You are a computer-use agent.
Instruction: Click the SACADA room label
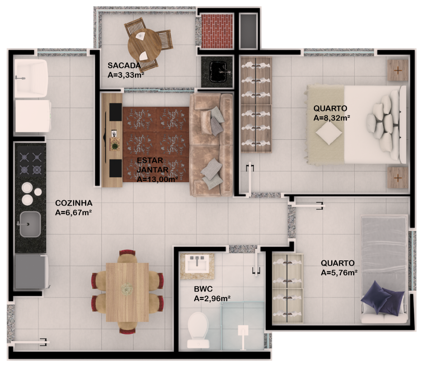coord(124,65)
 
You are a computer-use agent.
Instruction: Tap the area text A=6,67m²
coord(74,212)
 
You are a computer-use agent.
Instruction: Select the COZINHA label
coord(74,203)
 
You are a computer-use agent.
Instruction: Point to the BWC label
coord(203,289)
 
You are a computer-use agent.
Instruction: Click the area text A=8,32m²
coord(332,118)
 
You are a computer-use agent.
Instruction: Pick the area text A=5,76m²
coord(339,272)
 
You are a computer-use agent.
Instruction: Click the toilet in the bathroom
coord(198,330)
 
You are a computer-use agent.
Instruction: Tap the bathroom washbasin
coord(197,263)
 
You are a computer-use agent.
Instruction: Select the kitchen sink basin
coord(30,224)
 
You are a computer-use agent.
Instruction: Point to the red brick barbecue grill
coord(217,31)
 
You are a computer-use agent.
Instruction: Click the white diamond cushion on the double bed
coord(329,133)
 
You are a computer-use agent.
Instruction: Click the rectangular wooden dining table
coord(127,292)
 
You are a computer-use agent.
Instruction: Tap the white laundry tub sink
coord(31,78)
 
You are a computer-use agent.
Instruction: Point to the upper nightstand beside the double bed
coord(398,70)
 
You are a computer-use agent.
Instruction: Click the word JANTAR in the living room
coord(152,170)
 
